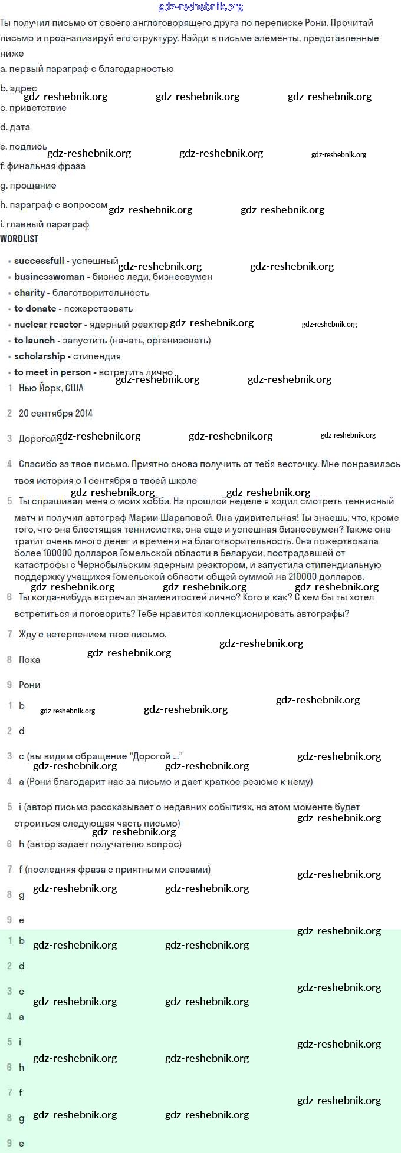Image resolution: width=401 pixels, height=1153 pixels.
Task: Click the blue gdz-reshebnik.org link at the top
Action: [x=200, y=7]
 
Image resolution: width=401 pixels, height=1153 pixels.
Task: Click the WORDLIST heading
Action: [x=19, y=239]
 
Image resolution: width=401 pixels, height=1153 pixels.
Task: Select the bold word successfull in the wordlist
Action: [x=39, y=260]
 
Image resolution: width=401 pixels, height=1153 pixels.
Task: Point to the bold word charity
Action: [x=29, y=292]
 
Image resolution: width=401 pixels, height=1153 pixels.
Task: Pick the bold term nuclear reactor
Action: [x=48, y=324]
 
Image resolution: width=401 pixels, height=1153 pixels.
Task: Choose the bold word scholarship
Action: [x=40, y=356]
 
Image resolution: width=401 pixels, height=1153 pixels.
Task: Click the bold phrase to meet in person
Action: [x=52, y=372]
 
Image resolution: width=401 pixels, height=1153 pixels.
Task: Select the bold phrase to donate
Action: [x=35, y=308]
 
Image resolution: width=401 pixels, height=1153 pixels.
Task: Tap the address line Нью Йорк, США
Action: [x=51, y=388]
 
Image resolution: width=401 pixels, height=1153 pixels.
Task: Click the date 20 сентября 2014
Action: [x=55, y=413]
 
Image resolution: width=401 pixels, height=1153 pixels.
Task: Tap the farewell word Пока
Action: [x=29, y=659]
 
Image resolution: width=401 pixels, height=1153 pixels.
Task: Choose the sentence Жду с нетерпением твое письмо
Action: [x=93, y=634]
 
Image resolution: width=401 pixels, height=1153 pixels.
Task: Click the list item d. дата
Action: [x=15, y=127]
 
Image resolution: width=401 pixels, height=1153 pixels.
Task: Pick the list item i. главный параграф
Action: [x=45, y=224]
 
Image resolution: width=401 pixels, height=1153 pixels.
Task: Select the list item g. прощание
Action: [x=28, y=185]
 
